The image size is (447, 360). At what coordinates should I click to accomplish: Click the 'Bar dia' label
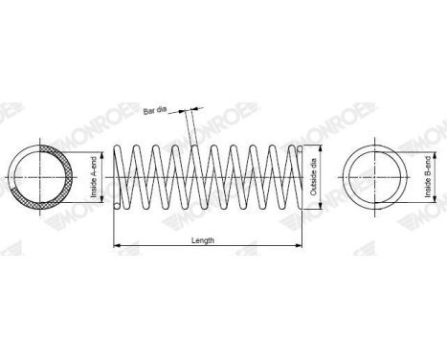tap(155, 110)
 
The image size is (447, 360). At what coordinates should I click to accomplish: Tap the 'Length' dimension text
tap(203, 240)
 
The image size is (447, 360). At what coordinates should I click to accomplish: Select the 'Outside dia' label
tap(313, 177)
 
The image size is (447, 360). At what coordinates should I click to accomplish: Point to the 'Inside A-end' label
tap(94, 177)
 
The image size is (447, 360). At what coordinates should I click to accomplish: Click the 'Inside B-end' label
tap(428, 176)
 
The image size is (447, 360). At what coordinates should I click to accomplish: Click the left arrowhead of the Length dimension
tap(117, 245)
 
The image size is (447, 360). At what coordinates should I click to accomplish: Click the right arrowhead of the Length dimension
tap(299, 245)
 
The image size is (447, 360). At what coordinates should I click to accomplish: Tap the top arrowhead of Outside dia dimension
tap(321, 148)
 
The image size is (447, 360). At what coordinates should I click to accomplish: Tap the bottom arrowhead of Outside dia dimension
tap(321, 206)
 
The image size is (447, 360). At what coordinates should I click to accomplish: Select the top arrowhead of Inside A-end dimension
tap(102, 155)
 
